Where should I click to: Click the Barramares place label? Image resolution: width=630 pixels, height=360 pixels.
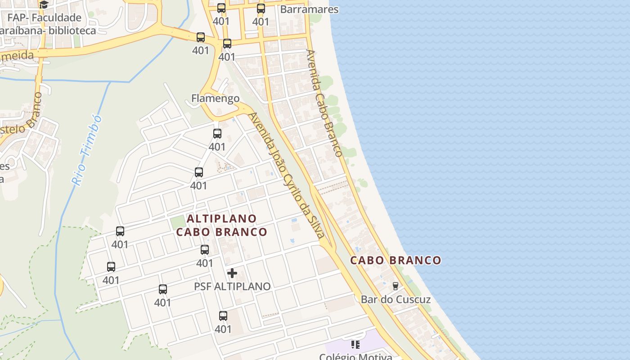309,9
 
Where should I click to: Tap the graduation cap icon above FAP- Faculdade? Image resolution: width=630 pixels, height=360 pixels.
43,5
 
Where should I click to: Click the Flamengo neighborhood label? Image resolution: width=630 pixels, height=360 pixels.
215,98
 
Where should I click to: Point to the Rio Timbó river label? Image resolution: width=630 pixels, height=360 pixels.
87,151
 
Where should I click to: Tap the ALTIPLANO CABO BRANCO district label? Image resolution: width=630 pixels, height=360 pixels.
221,225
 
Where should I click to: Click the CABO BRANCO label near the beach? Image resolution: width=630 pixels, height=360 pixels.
396,260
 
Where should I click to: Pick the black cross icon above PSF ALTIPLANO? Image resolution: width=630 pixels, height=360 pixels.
232,273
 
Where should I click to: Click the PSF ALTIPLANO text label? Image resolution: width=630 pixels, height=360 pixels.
232,286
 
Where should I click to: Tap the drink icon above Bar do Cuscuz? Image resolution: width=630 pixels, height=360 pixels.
396,286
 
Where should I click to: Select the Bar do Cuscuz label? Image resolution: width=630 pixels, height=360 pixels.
396,299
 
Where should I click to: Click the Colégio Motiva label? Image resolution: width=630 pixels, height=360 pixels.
355,357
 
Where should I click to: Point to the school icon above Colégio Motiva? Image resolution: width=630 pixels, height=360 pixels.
355,345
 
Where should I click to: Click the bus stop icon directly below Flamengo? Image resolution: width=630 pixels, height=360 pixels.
217,134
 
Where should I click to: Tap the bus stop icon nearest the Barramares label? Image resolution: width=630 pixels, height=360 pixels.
261,8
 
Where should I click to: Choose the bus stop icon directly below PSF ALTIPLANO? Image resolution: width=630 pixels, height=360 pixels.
223,316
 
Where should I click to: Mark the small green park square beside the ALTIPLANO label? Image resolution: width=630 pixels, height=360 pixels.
178,222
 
